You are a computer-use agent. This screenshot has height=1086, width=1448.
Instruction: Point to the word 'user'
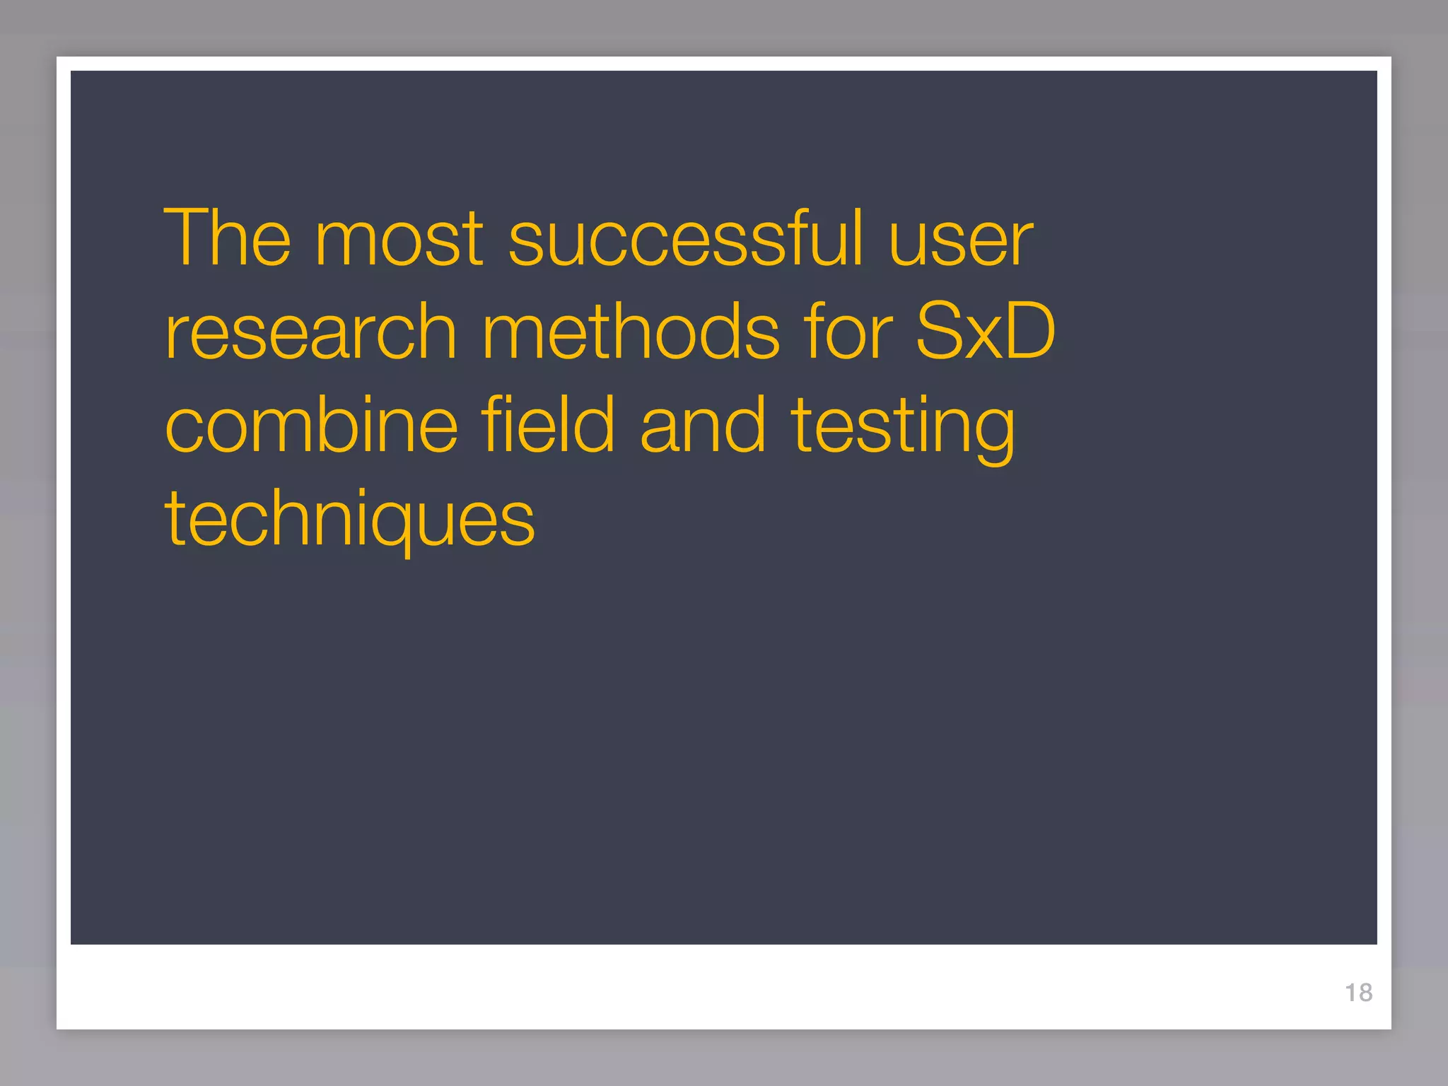pos(961,240)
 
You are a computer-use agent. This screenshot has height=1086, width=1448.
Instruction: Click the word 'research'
pos(311,332)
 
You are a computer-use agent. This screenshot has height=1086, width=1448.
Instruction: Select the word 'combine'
pos(312,424)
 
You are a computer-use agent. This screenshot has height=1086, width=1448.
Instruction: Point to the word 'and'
pos(703,424)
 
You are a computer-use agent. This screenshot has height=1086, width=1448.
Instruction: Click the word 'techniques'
pos(350,519)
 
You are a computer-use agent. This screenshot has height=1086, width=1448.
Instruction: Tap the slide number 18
pos(1358,993)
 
